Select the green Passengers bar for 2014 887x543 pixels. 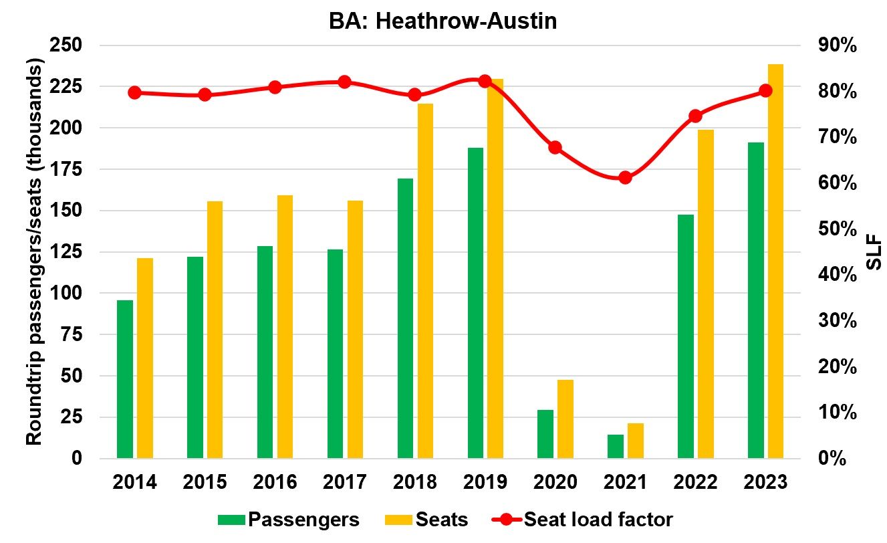tap(125, 379)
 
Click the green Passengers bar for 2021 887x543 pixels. tap(616, 446)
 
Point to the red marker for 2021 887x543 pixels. tap(625, 178)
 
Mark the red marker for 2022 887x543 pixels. tap(695, 116)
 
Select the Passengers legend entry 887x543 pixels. tap(289, 520)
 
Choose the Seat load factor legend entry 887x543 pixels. tap(582, 520)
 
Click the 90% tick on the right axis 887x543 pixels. tap(836, 45)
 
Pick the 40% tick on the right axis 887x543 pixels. tap(836, 275)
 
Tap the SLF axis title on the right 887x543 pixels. tap(873, 252)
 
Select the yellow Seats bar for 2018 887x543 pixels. tap(425, 281)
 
